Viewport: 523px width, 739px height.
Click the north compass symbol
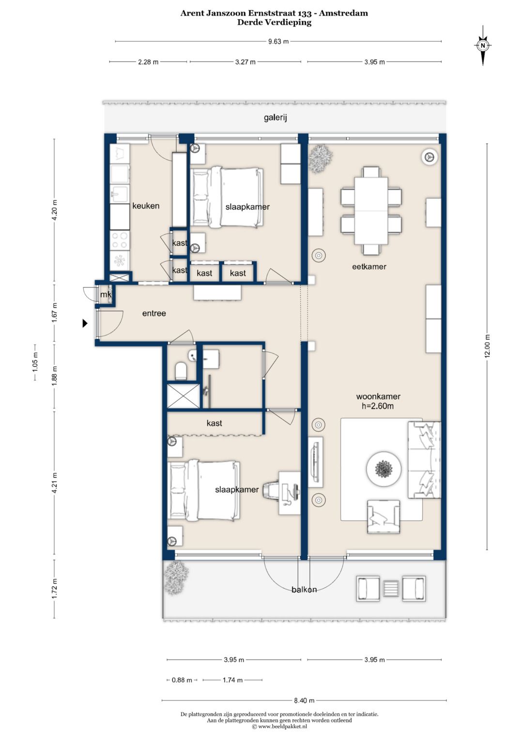pyautogui.click(x=483, y=45)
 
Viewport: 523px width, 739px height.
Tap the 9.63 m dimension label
pyautogui.click(x=278, y=42)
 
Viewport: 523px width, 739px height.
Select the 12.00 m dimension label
pyautogui.click(x=488, y=346)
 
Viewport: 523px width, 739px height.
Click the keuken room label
pyautogui.click(x=146, y=206)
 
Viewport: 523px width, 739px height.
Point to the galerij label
pyautogui.click(x=275, y=118)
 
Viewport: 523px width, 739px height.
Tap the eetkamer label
pyautogui.click(x=369, y=267)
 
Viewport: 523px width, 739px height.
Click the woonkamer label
pyautogui.click(x=378, y=396)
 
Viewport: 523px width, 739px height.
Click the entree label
pyautogui.click(x=154, y=314)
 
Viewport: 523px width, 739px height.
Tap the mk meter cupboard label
pyautogui.click(x=106, y=294)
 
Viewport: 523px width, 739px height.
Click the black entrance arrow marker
pyautogui.click(x=85, y=324)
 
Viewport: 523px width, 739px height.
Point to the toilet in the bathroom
pyautogui.click(x=181, y=371)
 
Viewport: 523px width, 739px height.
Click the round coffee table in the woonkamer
pyautogui.click(x=384, y=468)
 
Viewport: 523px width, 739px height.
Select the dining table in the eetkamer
pyautogui.click(x=371, y=211)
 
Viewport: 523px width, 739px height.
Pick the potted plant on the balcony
pyautogui.click(x=176, y=578)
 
